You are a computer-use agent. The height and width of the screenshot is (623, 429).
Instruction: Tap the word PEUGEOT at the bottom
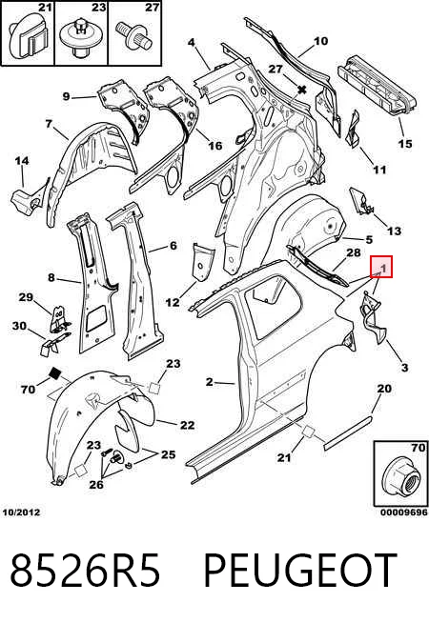coord(300,571)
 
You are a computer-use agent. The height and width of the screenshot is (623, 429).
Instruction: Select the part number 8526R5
coord(85,571)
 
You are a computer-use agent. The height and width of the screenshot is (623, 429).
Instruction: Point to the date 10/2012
coord(22,512)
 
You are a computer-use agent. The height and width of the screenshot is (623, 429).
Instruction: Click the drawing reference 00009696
coord(404,512)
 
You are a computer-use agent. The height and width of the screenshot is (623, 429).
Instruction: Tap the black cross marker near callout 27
coord(302,90)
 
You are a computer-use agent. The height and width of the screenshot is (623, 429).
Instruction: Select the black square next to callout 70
coord(54,373)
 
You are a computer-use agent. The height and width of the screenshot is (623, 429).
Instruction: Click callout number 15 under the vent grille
coord(405,143)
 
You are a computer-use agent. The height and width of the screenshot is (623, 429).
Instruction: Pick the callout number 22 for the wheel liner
coord(188,425)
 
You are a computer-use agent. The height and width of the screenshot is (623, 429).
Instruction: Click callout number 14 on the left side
coord(22,161)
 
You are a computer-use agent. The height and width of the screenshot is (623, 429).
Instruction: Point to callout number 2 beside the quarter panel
coord(210,382)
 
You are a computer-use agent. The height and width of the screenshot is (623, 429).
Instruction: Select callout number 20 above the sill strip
coord(384,388)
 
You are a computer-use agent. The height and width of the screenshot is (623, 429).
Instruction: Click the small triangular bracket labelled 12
coord(203,263)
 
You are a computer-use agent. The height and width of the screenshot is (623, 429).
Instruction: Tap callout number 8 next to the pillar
coord(51,277)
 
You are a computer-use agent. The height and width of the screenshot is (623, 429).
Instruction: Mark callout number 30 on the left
coord(19,326)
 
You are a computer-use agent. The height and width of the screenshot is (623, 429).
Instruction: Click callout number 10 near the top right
coord(321,41)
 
